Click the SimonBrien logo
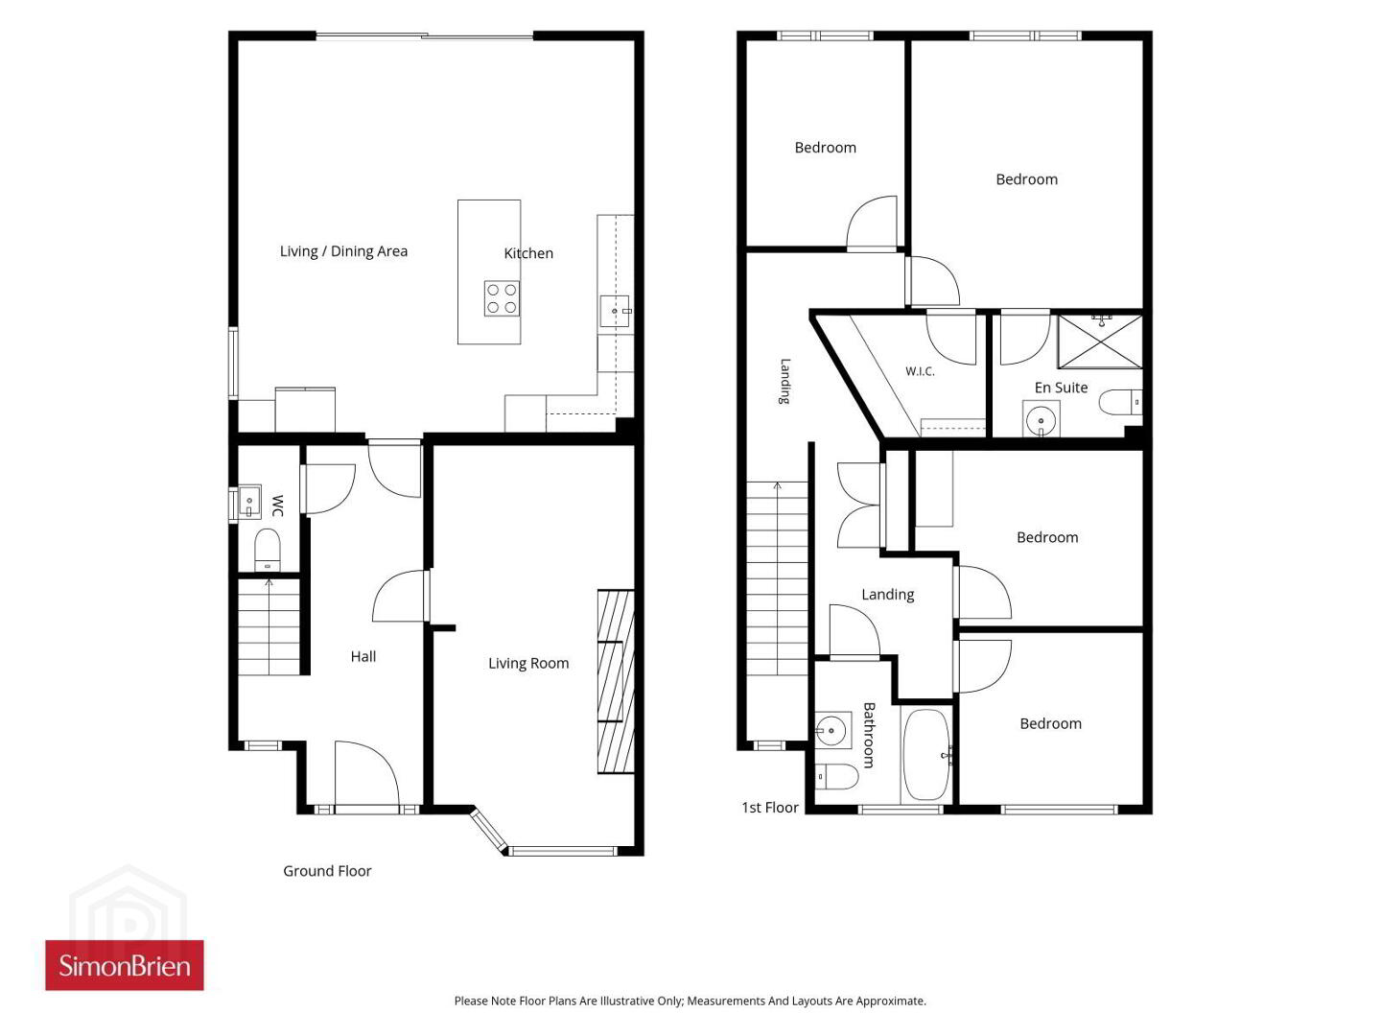124,965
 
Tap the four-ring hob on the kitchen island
503,298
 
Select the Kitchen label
528,253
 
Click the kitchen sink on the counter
615,311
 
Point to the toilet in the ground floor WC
267,549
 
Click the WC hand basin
249,502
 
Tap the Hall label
363,656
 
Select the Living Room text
528,663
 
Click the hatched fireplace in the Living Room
616,681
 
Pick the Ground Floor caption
327,871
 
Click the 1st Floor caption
770,807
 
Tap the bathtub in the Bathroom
925,755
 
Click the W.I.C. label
920,371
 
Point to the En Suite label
1061,388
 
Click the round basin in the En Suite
1041,419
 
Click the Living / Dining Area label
343,251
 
